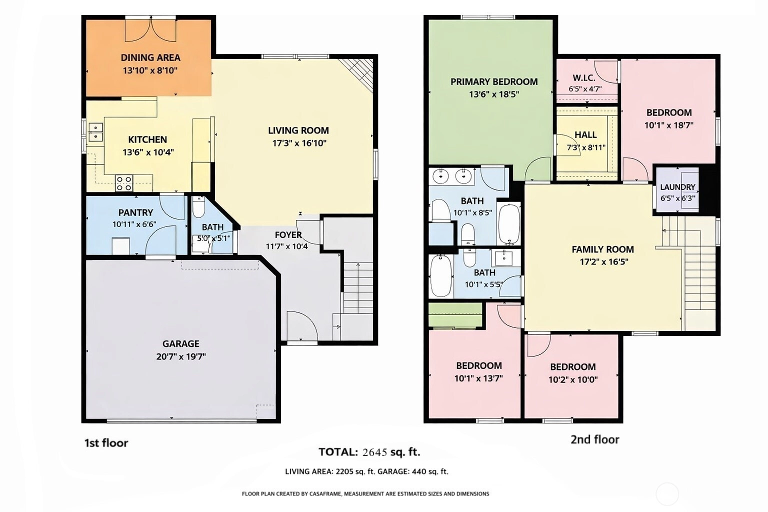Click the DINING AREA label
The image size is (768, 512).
[x=150, y=57]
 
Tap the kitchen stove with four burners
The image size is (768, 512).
[x=124, y=183]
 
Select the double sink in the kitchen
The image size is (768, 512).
[x=95, y=132]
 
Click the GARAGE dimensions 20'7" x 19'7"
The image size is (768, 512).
[x=181, y=356]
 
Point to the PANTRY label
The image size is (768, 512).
[x=136, y=212]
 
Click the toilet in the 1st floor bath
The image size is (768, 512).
[x=198, y=207]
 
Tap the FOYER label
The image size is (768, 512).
[x=288, y=235]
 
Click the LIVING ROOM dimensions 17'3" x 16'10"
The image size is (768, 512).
[x=299, y=143]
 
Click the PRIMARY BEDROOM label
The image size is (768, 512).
[x=494, y=81]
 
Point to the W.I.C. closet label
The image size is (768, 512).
[x=584, y=78]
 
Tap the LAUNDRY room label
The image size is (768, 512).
[x=677, y=187]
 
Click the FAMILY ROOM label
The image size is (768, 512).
[x=602, y=249]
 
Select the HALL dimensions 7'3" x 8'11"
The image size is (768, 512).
[x=586, y=147]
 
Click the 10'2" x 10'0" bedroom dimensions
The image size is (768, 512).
[x=573, y=379]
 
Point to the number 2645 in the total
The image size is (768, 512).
[x=374, y=452]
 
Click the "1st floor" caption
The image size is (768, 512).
[x=106, y=443]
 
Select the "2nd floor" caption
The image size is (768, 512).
[x=595, y=439]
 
